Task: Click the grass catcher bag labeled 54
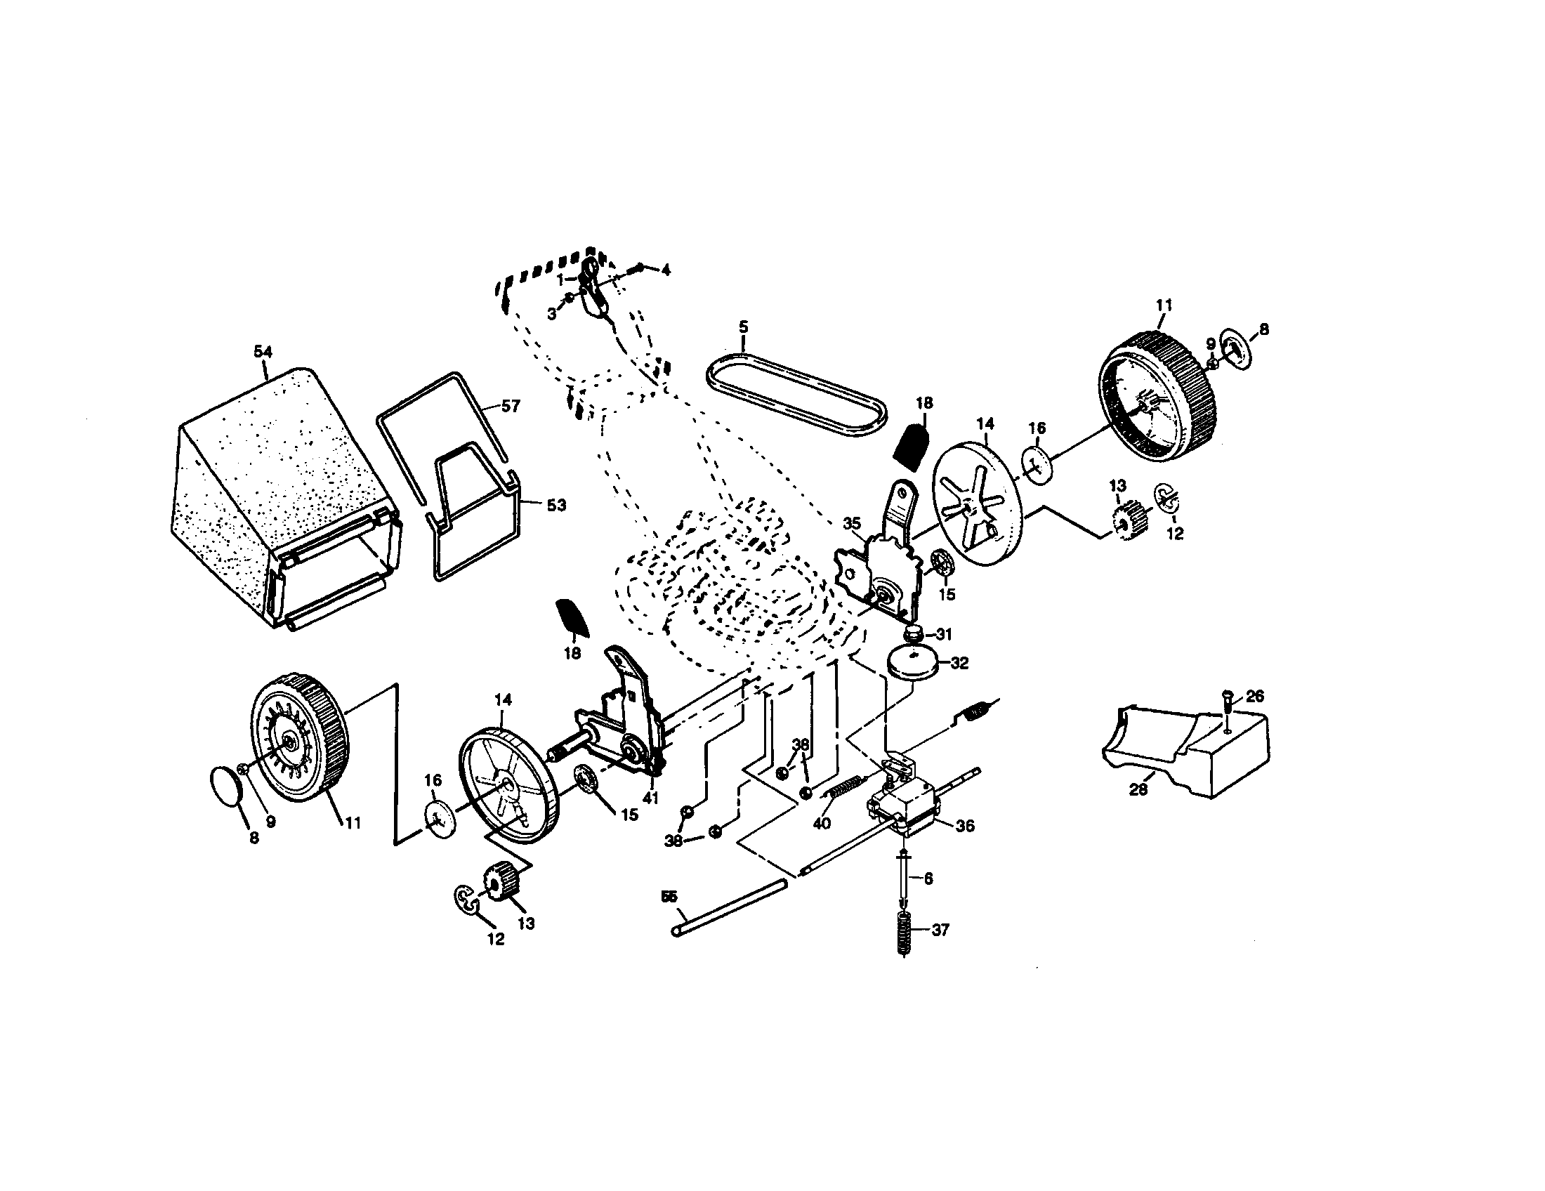tap(283, 495)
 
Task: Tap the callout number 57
tap(510, 406)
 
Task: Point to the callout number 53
tap(556, 505)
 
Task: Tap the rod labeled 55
tap(729, 908)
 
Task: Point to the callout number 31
tap(944, 633)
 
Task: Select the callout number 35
tap(852, 523)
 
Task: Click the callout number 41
tap(650, 797)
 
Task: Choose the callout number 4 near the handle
tap(665, 270)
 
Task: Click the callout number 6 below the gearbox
tap(928, 879)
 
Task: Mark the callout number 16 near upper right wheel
tap(1037, 428)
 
